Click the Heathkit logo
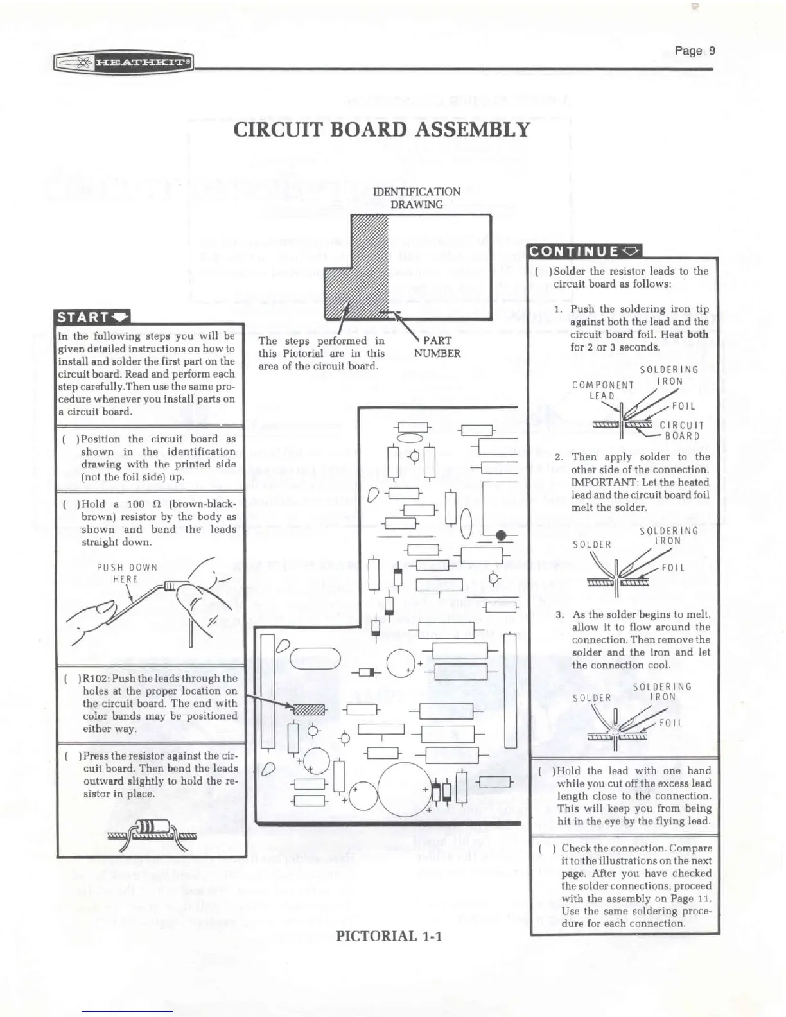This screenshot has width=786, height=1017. tap(124, 63)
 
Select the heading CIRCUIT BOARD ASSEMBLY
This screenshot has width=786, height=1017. tap(382, 129)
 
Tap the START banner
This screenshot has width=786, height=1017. tap(92, 317)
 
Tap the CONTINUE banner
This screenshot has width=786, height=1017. tap(583, 251)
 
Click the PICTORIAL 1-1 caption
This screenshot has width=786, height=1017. tap(389, 935)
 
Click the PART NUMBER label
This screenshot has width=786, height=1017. tap(437, 347)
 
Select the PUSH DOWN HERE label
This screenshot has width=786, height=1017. tap(127, 573)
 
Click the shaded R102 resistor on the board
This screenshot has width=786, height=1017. tap(310, 709)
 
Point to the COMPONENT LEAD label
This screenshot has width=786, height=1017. tap(602, 390)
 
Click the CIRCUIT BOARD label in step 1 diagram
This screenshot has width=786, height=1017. tap(682, 430)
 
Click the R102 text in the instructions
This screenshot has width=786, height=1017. tap(96, 678)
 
